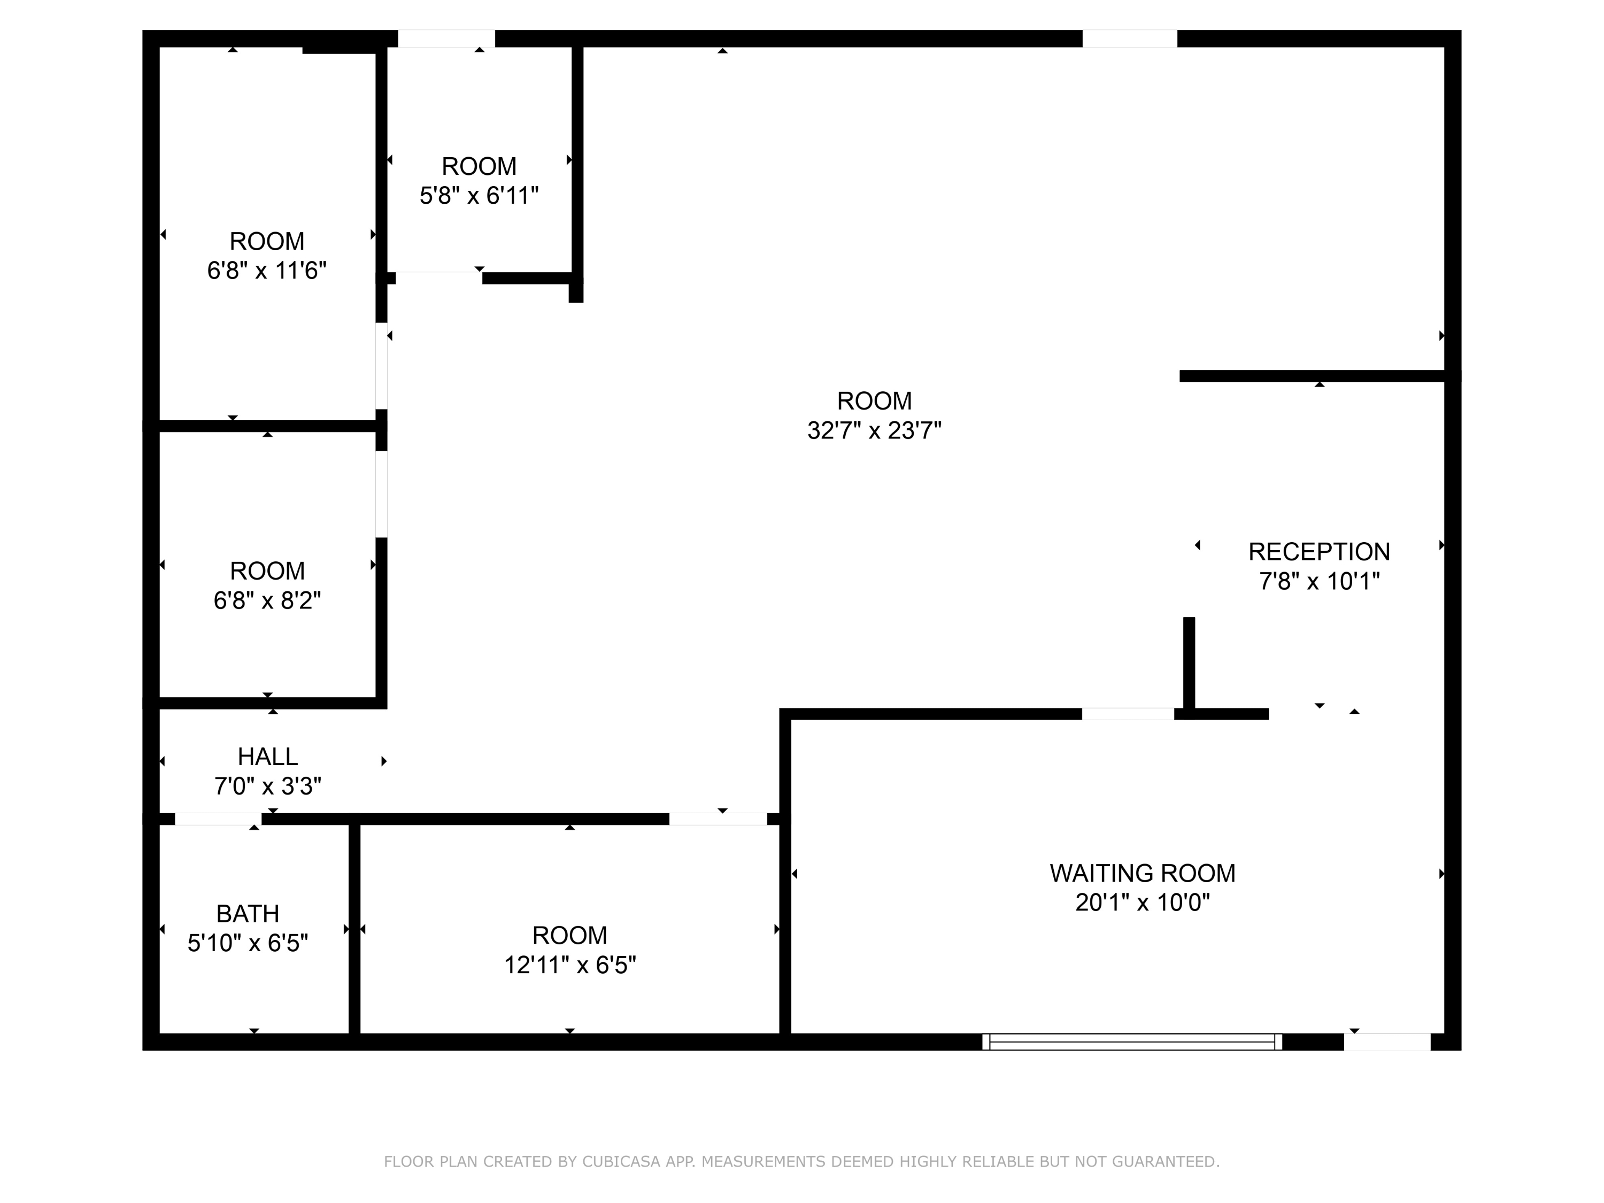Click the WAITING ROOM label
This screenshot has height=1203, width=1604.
[x=1142, y=873]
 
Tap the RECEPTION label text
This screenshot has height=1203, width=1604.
[x=1319, y=552]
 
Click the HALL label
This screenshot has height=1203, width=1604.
[x=267, y=757]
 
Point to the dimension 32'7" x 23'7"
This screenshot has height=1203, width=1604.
[x=875, y=431]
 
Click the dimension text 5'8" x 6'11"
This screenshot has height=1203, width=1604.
[x=479, y=196]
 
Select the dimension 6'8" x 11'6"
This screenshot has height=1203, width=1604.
[x=267, y=271]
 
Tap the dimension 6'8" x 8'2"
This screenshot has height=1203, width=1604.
[x=267, y=600]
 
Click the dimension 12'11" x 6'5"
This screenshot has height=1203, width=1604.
[x=570, y=965]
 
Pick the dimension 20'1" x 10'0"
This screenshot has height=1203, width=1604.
[x=1143, y=903]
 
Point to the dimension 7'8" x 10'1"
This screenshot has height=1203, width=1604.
[x=1319, y=582]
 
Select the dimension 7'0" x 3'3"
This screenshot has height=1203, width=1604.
[x=267, y=786]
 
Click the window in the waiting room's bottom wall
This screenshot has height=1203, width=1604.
[x=1132, y=1042]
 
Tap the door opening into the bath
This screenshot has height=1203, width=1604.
[x=218, y=820]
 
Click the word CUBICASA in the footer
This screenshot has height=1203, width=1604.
[x=621, y=1162]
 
